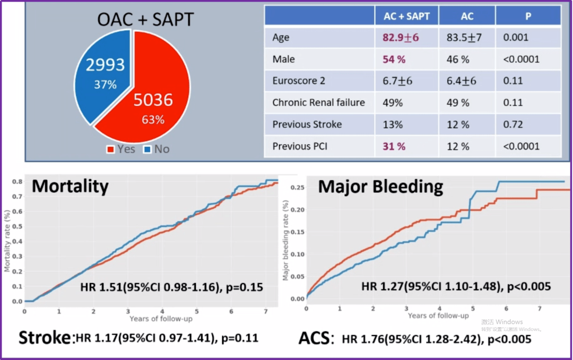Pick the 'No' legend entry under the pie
click(157, 149)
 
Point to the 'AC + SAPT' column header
click(407, 16)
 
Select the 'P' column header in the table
click(528, 16)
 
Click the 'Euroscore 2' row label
click(299, 81)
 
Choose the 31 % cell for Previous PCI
click(394, 146)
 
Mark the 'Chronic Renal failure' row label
click(318, 102)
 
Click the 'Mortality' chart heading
click(70, 186)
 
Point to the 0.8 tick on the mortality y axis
click(18, 182)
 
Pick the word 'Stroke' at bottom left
click(45, 338)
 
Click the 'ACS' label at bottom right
click(315, 338)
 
